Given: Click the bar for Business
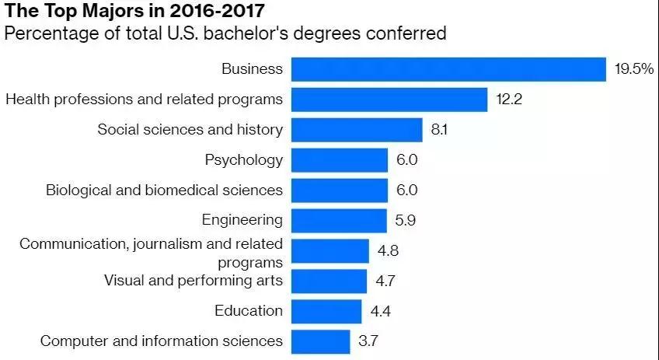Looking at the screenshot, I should [x=448, y=69].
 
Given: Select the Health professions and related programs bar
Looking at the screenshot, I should [x=389, y=100].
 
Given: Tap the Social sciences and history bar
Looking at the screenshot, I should [x=357, y=130].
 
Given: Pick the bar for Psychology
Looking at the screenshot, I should [x=340, y=160].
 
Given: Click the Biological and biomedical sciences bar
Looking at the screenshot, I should [x=340, y=190].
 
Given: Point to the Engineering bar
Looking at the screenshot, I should [x=339, y=221].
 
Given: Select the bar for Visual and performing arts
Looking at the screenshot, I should [x=329, y=281].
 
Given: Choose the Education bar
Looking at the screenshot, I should [x=326, y=311].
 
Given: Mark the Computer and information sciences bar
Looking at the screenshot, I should [x=321, y=341].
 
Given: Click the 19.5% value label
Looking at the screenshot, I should [x=633, y=69].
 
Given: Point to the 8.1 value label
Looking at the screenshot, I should [x=439, y=130].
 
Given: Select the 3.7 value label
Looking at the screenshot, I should [x=368, y=341].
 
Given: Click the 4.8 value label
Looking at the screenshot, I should [x=388, y=251].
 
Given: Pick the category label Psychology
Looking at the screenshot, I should [x=244, y=160].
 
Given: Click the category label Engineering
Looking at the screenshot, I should [x=242, y=221].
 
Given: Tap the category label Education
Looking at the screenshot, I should [x=249, y=311].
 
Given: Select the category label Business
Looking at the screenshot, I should [x=252, y=69].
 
